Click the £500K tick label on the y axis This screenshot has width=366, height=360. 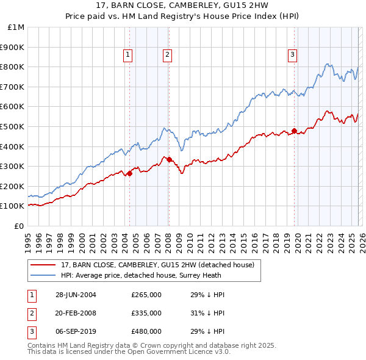13,126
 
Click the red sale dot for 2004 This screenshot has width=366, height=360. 129,173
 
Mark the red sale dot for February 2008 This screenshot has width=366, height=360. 169,159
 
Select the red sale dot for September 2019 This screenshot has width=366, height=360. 294,131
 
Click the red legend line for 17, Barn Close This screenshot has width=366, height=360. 44,265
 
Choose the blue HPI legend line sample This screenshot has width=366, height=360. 44,275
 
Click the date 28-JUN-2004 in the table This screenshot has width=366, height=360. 76,295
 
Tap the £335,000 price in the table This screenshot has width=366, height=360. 146,313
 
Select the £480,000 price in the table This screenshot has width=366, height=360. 146,331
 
